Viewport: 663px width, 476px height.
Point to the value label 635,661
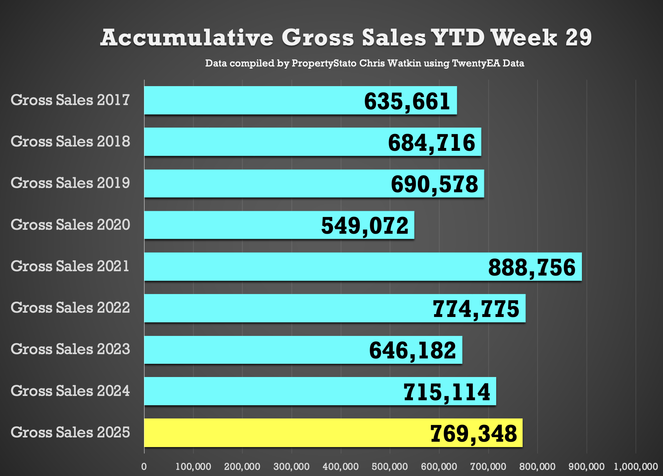pyautogui.click(x=407, y=101)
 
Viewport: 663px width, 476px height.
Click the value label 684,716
pyautogui.click(x=432, y=143)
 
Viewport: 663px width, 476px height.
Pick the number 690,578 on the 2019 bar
pyautogui.click(x=434, y=184)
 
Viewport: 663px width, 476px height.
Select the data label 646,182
pyautogui.click(x=413, y=350)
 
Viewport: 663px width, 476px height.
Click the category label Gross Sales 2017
pyautogui.click(x=70, y=100)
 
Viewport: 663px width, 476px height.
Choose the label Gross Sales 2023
pyautogui.click(x=70, y=349)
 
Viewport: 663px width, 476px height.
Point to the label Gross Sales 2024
pyautogui.click(x=70, y=391)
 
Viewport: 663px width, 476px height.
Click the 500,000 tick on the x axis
pyautogui.click(x=390, y=467)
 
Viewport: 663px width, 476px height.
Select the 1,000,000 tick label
pyautogui.click(x=636, y=467)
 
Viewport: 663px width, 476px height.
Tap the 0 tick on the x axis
pyautogui.click(x=144, y=467)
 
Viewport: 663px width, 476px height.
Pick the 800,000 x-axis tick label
pyautogui.click(x=537, y=467)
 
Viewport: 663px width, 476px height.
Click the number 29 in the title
pyautogui.click(x=579, y=38)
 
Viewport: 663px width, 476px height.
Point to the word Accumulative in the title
pyautogui.click(x=187, y=38)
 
